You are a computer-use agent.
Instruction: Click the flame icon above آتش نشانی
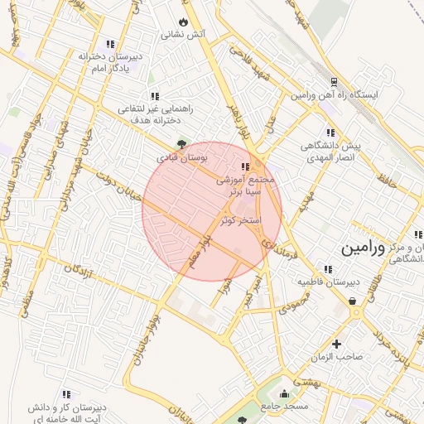tap(183, 22)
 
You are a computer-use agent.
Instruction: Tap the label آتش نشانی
tap(183, 35)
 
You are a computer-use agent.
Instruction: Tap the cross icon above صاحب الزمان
tap(336, 344)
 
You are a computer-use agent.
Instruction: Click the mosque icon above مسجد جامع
tap(286, 393)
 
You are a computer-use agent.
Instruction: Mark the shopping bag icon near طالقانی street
tap(354, 302)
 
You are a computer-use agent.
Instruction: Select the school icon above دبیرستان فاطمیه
tap(329, 269)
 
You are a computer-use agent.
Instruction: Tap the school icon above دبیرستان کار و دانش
tap(67, 394)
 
